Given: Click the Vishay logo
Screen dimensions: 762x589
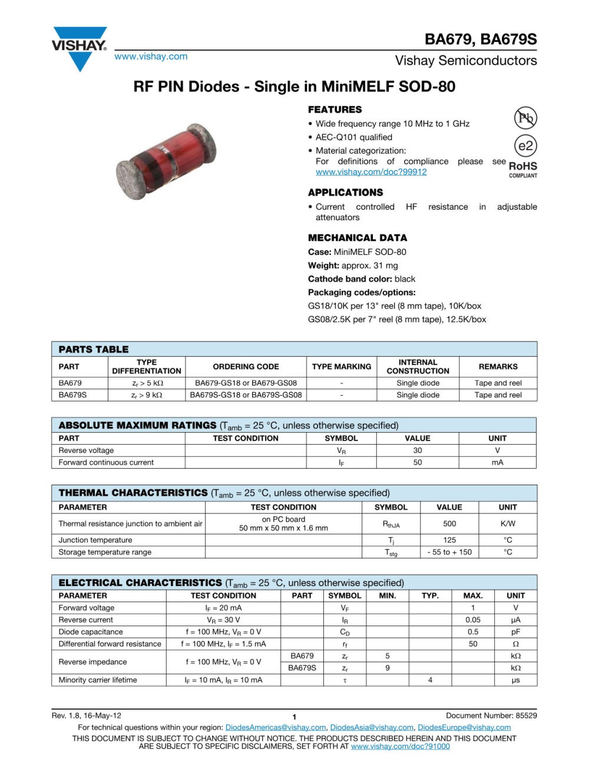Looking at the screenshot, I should pyautogui.click(x=80, y=47).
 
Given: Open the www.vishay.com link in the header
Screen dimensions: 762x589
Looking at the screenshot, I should pyautogui.click(x=151, y=57).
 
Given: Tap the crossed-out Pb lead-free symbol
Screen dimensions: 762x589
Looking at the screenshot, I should pyautogui.click(x=525, y=118).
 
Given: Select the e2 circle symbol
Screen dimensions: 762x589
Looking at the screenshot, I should pyautogui.click(x=525, y=146).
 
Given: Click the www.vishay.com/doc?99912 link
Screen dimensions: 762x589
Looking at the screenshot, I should pyautogui.click(x=371, y=172).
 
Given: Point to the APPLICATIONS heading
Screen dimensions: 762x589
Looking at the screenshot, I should pyautogui.click(x=345, y=193).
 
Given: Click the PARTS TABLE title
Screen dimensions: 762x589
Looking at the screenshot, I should pyautogui.click(x=94, y=349).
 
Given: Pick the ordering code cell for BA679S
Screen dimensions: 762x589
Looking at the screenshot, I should pyautogui.click(x=246, y=395).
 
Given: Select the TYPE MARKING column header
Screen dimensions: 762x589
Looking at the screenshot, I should pyautogui.click(x=342, y=366).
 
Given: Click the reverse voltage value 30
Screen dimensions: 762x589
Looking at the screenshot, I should pyautogui.click(x=418, y=450).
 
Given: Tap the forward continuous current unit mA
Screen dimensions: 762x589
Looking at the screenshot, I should pyautogui.click(x=498, y=463).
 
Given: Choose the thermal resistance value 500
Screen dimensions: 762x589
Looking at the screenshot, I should pyautogui.click(x=449, y=524).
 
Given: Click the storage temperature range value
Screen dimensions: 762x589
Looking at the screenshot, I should pyautogui.click(x=449, y=552).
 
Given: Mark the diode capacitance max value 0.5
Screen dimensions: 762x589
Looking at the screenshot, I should pyautogui.click(x=473, y=632).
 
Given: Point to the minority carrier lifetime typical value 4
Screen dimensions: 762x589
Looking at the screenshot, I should pyautogui.click(x=430, y=680).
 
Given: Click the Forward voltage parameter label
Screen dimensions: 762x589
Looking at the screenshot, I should pyautogui.click(x=87, y=608).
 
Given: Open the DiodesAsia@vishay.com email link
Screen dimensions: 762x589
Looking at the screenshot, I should pyautogui.click(x=372, y=728).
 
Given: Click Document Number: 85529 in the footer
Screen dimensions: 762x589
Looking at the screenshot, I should pyautogui.click(x=491, y=716).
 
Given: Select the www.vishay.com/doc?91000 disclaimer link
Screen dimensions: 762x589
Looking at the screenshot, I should pyautogui.click(x=401, y=747).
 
